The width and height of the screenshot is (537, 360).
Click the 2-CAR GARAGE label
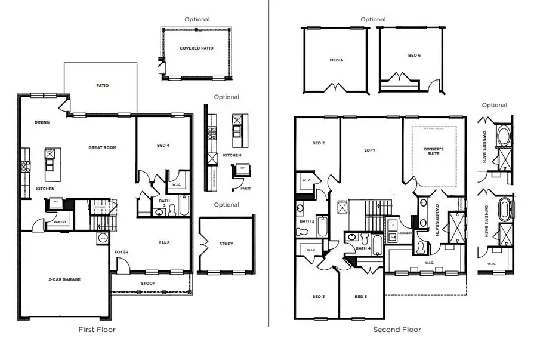click(64, 279)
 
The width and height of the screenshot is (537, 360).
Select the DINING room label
click(42, 122)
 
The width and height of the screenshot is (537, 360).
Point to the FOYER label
click(122, 252)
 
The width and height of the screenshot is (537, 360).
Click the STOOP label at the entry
click(148, 283)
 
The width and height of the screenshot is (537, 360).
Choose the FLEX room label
click(165, 242)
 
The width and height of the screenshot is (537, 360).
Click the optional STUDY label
click(226, 244)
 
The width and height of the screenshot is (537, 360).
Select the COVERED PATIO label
click(196, 48)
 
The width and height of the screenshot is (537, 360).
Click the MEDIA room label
click(337, 60)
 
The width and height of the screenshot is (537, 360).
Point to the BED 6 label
click(414, 55)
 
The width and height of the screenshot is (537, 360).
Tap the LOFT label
click(370, 150)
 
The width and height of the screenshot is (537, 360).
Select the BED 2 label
click(318, 143)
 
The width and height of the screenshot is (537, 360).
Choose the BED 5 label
click(360, 297)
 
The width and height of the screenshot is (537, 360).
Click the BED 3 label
click(318, 297)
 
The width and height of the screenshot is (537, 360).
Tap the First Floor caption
click(97, 329)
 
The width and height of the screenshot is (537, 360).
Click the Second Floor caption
click(397, 330)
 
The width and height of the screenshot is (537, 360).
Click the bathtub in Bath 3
click(183, 205)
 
